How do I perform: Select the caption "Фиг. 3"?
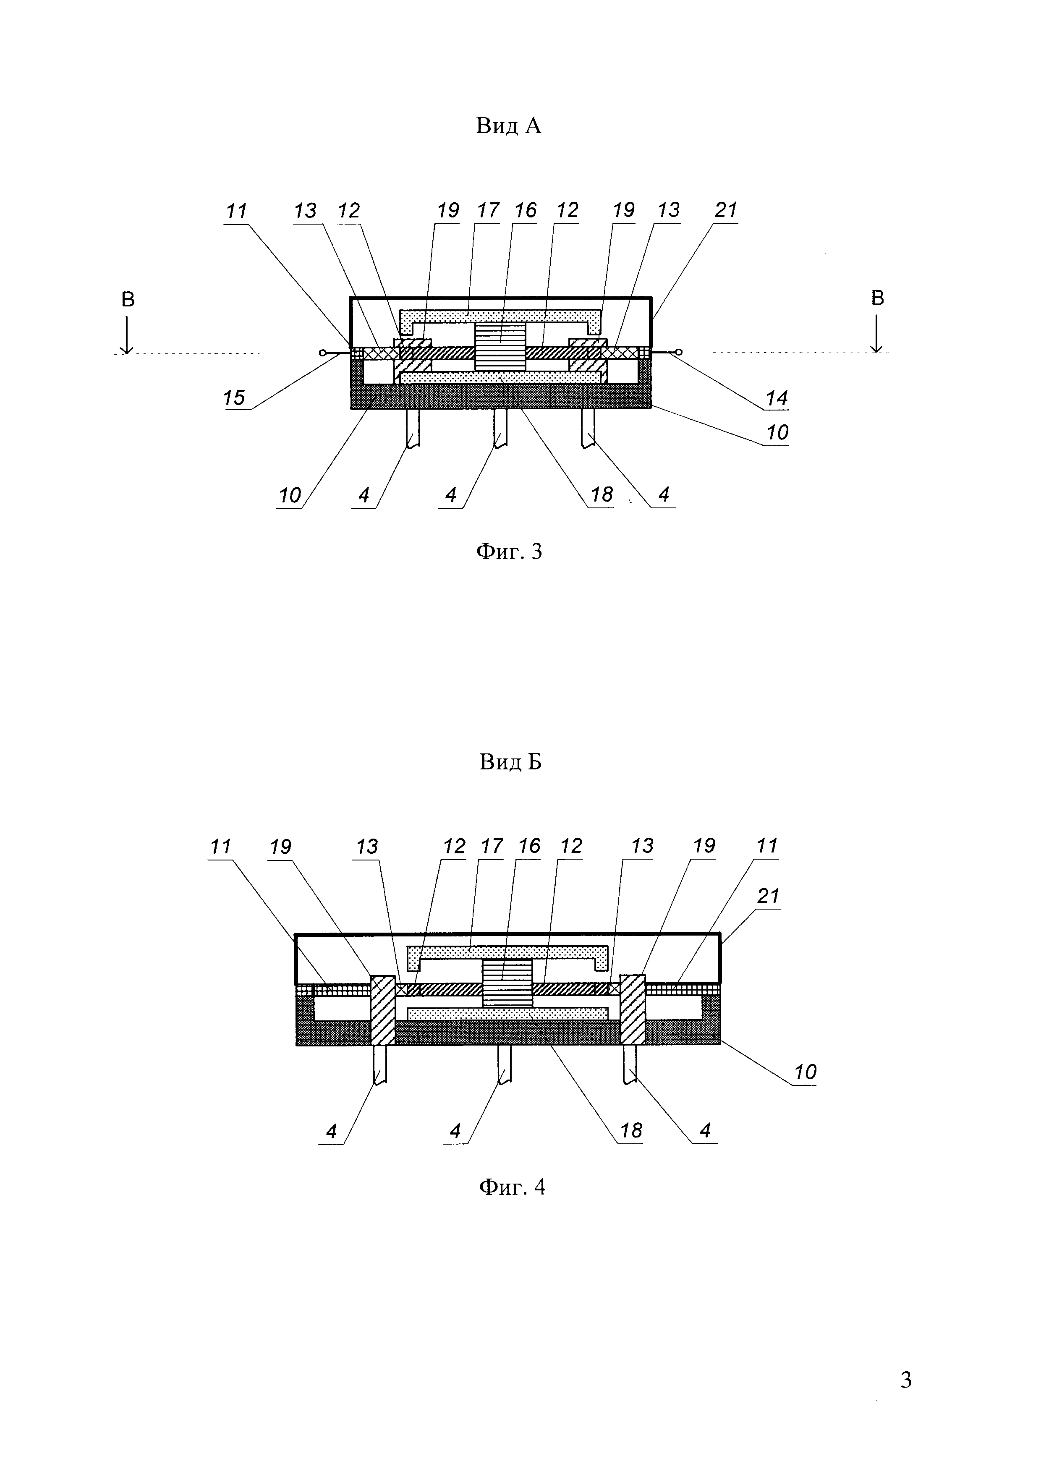point(509,552)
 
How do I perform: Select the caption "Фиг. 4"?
point(512,1187)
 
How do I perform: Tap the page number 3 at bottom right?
point(906,1380)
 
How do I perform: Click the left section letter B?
point(128,299)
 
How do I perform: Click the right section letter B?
point(878,298)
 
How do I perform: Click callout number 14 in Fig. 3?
point(776,398)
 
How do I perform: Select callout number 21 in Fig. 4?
point(768,896)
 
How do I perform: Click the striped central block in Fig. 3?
point(500,346)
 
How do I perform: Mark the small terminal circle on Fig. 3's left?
point(322,352)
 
